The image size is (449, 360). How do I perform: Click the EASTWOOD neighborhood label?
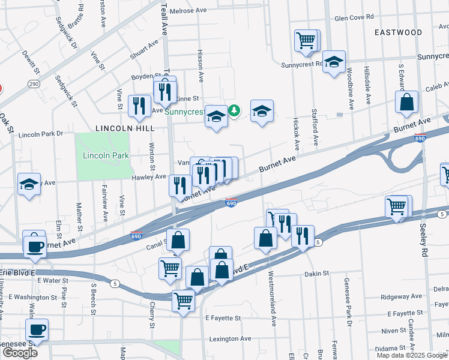397,32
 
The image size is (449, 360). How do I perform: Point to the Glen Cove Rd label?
354,18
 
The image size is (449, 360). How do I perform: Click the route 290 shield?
34,84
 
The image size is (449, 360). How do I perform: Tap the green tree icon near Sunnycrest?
234,110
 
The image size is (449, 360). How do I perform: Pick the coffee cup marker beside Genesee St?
37,329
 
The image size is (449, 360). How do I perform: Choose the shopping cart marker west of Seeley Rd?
397,206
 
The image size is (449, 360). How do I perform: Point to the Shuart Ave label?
144,51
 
